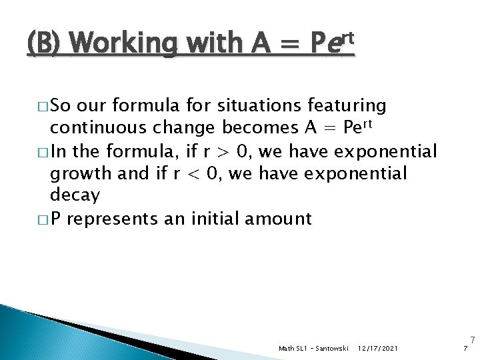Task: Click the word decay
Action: click(x=75, y=195)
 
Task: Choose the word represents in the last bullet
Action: click(x=115, y=218)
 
